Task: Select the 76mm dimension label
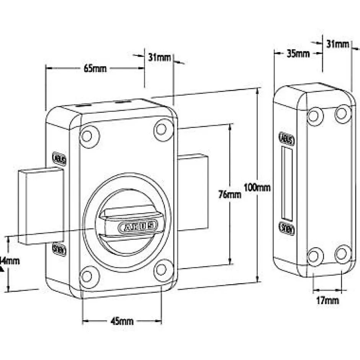click(x=230, y=195)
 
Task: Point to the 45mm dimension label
click(x=122, y=322)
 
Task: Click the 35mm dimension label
click(x=298, y=53)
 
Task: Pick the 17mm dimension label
click(x=327, y=301)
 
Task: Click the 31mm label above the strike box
click(x=338, y=44)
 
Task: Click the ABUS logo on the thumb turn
click(x=139, y=226)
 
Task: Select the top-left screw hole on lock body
click(x=88, y=135)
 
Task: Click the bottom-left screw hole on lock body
click(x=88, y=275)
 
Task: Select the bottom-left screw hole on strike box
click(x=315, y=255)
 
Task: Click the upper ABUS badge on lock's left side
click(x=59, y=159)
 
